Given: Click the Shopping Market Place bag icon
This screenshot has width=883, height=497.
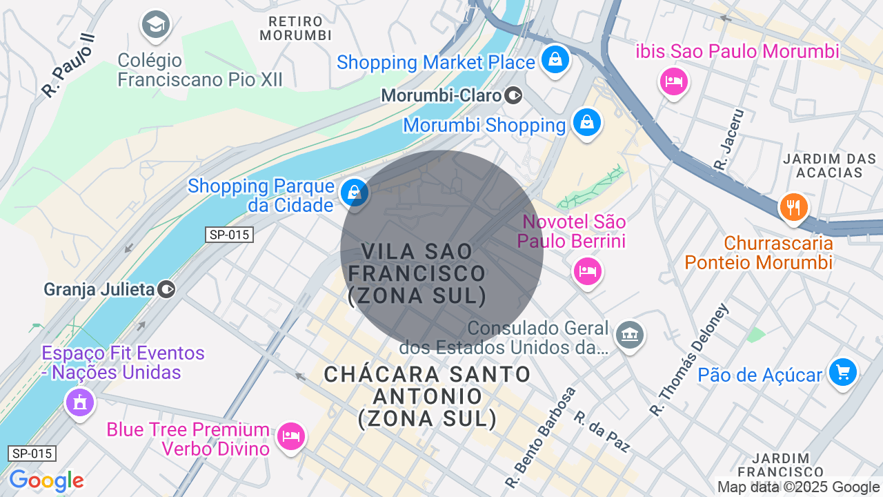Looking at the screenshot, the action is [x=555, y=59].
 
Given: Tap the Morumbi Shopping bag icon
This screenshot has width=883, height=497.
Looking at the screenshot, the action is [x=586, y=123].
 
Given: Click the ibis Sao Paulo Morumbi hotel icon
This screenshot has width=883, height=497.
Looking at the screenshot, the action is [x=673, y=82].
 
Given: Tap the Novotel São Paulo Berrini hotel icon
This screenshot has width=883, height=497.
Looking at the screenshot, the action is [x=587, y=271].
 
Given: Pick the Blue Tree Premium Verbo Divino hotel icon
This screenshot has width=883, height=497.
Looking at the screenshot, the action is [x=290, y=436].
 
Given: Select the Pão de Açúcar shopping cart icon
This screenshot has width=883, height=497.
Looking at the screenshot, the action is [x=842, y=373].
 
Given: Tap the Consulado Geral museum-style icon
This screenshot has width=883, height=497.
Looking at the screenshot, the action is [x=629, y=335].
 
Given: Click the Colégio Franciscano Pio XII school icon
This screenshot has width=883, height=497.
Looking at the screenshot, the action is [x=155, y=26].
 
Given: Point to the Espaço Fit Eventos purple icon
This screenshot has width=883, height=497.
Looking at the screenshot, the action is [x=79, y=401].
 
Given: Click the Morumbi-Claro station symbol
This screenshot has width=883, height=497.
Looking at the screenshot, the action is [x=513, y=95].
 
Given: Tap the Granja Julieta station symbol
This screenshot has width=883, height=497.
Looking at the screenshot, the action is [x=166, y=289].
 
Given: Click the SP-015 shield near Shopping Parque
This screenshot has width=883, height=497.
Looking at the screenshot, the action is [x=230, y=235].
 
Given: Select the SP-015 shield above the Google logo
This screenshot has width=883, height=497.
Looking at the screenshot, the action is [x=32, y=454].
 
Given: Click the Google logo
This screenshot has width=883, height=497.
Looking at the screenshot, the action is [x=46, y=481].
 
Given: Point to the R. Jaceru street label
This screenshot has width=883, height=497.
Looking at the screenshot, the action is [x=730, y=139].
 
